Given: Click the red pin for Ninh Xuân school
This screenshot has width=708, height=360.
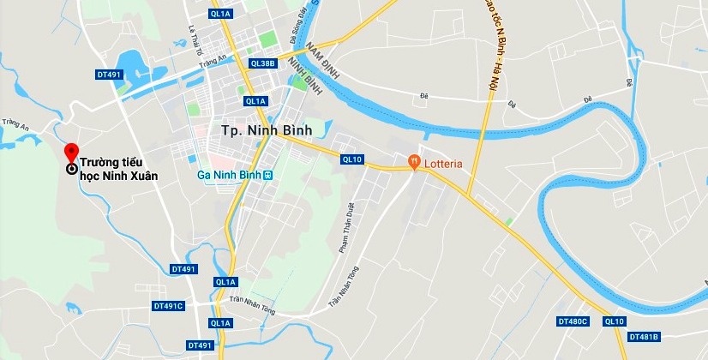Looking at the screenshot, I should pyautogui.click(x=72, y=151).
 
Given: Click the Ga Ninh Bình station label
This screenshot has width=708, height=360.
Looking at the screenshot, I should pyautogui.click(x=229, y=175).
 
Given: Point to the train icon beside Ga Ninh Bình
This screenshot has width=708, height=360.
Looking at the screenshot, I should pyautogui.click(x=267, y=175).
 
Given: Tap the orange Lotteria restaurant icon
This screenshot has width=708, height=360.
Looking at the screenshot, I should pyautogui.click(x=414, y=159).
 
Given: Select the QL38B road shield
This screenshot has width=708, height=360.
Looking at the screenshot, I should pyautogui.click(x=262, y=63).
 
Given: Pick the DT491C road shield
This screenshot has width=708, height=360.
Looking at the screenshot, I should pyautogui.click(x=169, y=306).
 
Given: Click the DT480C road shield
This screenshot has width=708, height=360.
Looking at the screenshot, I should pyautogui.click(x=573, y=321).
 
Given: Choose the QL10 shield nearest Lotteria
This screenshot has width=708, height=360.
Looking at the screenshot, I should pyautogui.click(x=352, y=159).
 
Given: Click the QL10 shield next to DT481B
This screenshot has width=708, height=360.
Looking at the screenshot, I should pyautogui.click(x=614, y=321).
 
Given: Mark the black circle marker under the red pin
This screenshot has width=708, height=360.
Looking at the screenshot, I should pyautogui.click(x=71, y=169).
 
